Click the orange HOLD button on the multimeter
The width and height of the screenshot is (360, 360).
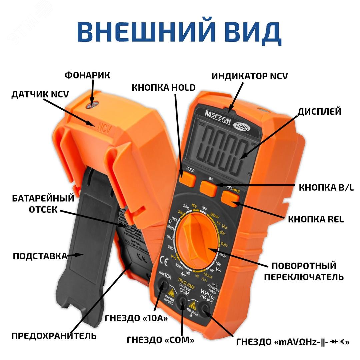tap(187, 180)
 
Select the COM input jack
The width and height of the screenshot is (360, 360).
tap(183, 301)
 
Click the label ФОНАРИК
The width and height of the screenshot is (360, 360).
tap(87, 75)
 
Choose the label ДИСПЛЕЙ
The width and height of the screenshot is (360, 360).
tap(319, 111)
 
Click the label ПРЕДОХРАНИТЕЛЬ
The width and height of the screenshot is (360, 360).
tap(54, 335)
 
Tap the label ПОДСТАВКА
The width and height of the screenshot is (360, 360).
tap(40, 256)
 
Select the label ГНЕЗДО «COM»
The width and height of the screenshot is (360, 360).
tap(161, 340)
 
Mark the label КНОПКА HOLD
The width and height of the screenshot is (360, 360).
tap(164, 88)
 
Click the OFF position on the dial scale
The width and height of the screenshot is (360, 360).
tap(204, 209)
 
